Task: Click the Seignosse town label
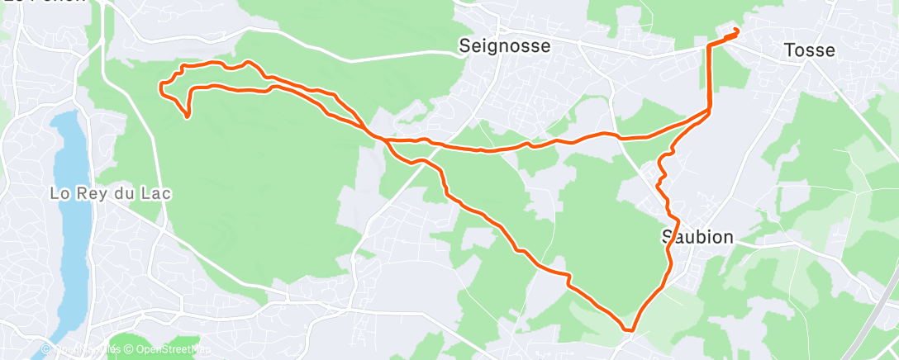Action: (x=504, y=46)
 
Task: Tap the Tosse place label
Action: (x=809, y=50)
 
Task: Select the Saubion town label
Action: (x=697, y=237)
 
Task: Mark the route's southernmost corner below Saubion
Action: (x=630, y=330)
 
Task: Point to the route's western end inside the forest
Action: (x=188, y=117)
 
